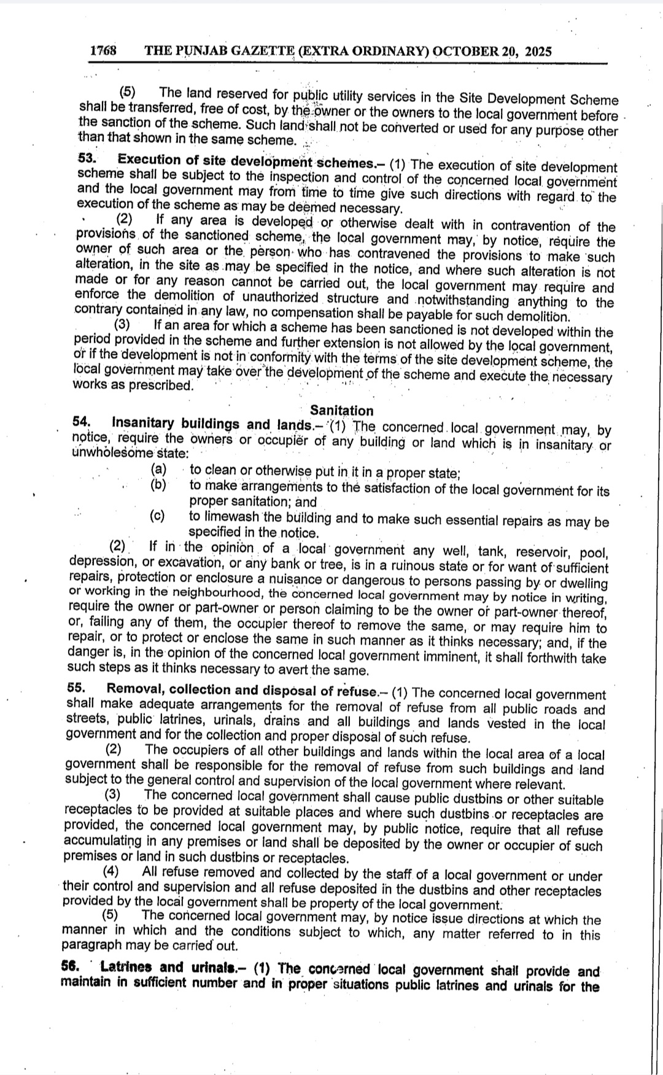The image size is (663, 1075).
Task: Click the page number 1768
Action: coord(103,51)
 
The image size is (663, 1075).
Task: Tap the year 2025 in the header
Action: coord(534,52)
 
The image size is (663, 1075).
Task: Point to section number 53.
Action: coord(87,158)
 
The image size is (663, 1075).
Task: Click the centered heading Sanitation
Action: coord(341,410)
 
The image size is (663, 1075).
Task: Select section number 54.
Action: coord(82,422)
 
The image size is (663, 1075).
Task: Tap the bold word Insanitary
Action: coord(144,423)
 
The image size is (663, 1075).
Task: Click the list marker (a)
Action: coord(159,469)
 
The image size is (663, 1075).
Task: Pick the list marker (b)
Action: coord(158,485)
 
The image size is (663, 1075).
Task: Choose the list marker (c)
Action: coord(158,515)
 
